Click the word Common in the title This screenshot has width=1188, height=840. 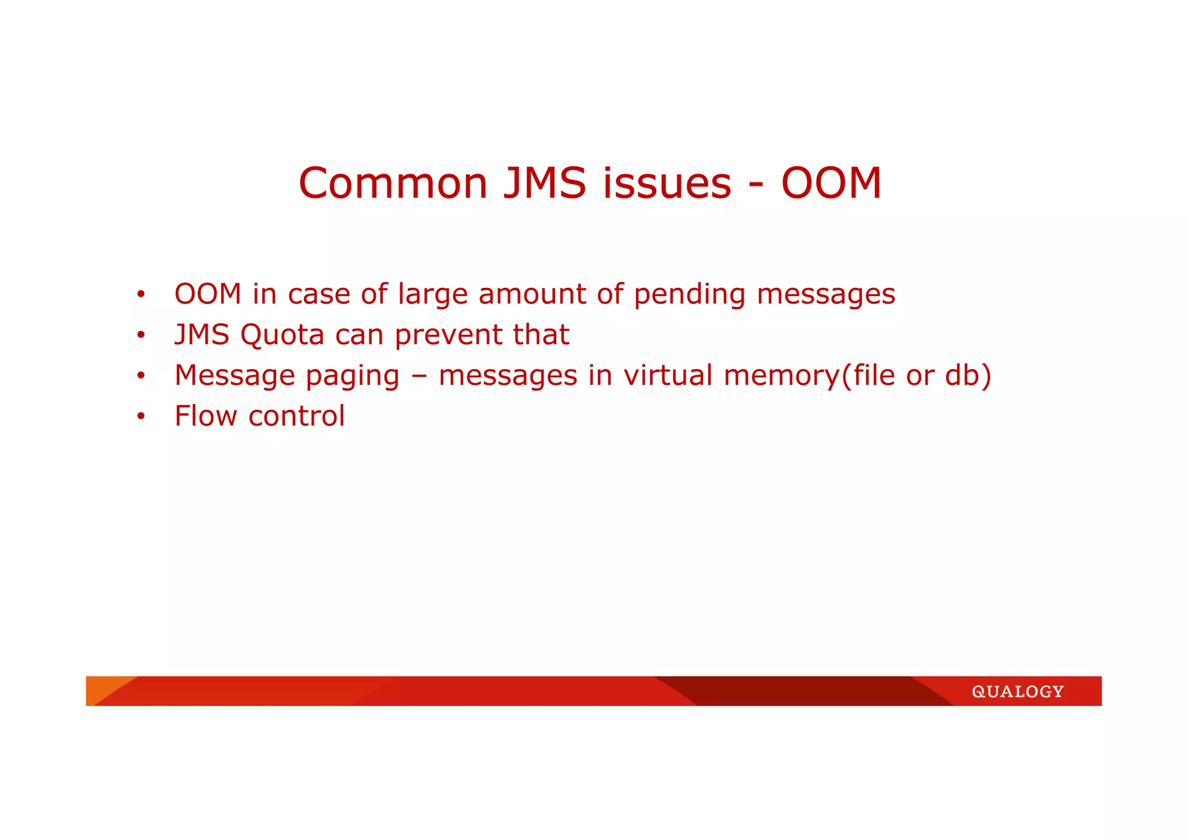click(393, 183)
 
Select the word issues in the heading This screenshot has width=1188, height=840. click(667, 183)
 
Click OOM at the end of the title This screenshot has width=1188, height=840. click(831, 183)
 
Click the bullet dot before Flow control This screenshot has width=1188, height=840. click(140, 416)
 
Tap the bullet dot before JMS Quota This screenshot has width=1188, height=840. click(140, 335)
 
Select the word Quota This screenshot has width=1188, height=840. click(282, 335)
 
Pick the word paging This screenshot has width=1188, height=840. click(352, 376)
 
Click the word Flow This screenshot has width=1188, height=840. click(206, 416)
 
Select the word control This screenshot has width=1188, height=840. click(296, 416)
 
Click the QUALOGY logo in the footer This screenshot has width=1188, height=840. click(1017, 691)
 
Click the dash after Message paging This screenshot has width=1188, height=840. click(419, 376)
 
